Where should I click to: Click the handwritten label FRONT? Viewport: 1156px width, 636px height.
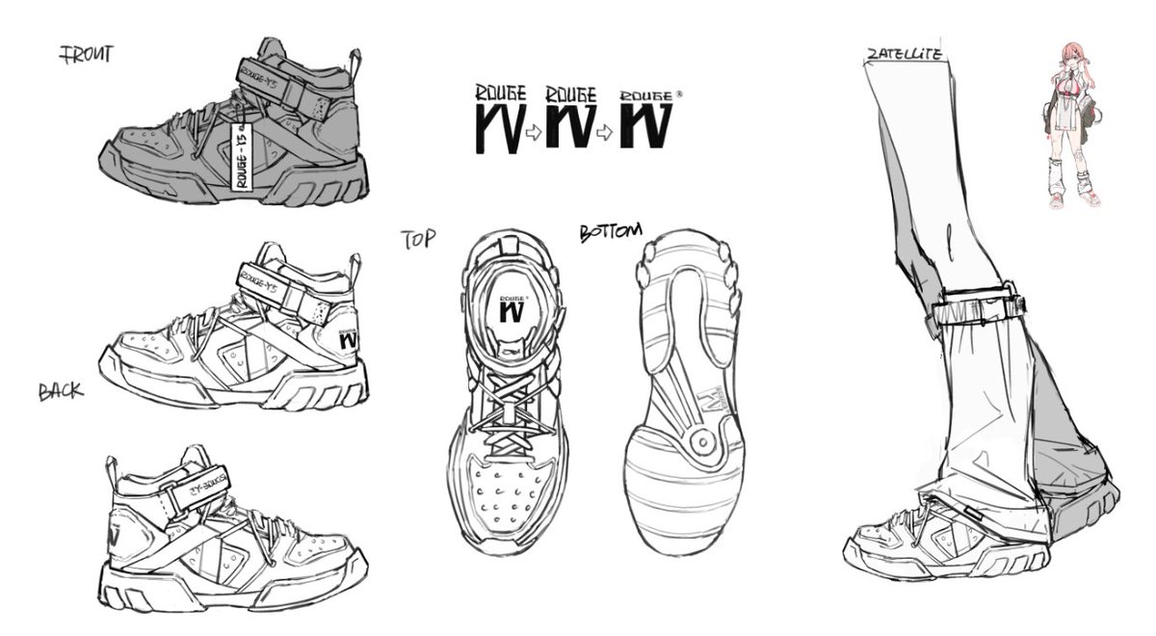[x=87, y=55]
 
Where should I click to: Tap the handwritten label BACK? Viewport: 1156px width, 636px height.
[x=61, y=392]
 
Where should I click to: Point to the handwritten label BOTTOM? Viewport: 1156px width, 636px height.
[x=610, y=233]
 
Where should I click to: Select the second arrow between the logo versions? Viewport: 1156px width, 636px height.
[x=605, y=134]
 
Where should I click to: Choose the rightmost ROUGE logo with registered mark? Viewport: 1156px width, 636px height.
[x=648, y=121]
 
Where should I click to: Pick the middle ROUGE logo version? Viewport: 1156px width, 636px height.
[x=570, y=119]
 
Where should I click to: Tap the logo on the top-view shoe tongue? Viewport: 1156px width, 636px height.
[x=512, y=310]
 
